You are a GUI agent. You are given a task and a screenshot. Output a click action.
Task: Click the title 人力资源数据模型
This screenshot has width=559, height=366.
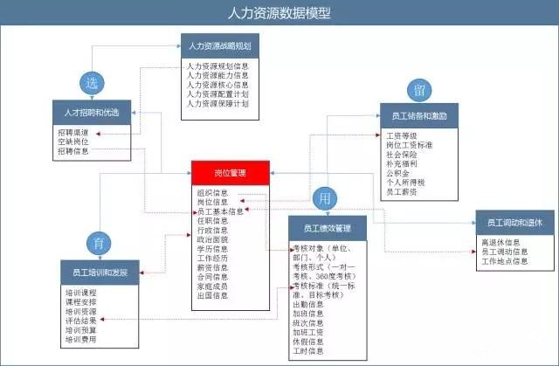click(x=279, y=13)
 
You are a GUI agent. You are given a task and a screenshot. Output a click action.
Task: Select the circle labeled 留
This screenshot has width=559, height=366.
click(x=419, y=89)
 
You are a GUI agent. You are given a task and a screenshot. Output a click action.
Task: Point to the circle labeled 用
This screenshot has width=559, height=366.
click(x=325, y=197)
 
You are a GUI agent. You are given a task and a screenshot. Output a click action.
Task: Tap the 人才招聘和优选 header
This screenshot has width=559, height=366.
click(x=93, y=113)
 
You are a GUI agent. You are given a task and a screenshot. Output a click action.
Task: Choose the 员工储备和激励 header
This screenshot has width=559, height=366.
click(x=420, y=114)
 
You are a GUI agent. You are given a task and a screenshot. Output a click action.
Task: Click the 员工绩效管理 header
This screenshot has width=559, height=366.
click(x=328, y=229)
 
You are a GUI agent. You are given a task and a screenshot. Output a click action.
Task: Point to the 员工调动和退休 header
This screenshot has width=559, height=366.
click(x=514, y=223)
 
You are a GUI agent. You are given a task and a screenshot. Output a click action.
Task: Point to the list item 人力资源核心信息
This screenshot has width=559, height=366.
click(x=217, y=85)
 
